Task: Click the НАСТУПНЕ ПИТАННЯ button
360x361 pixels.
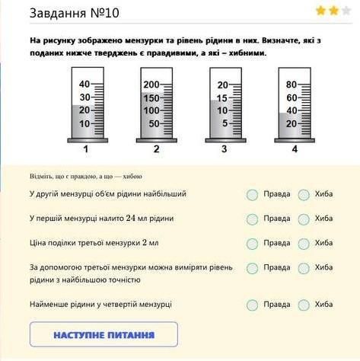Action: (104, 334)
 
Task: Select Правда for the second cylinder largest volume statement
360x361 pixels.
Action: (252, 195)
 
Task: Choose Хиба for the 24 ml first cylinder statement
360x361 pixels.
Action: (304, 219)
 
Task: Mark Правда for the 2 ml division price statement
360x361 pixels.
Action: (252, 244)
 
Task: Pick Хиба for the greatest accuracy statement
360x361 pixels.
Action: (304, 268)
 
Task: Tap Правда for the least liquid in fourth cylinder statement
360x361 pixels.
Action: (252, 305)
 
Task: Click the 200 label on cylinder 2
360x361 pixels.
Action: (151, 85)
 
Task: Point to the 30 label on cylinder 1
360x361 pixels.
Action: (84, 97)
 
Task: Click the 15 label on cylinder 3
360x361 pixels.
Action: (222, 98)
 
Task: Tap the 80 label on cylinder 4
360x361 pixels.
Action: (292, 85)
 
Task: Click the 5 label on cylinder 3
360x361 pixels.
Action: (225, 123)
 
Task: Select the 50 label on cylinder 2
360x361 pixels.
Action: (154, 123)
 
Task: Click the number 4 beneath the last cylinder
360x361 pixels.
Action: (295, 149)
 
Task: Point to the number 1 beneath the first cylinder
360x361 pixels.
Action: (86, 149)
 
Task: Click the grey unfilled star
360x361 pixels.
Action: (346, 11)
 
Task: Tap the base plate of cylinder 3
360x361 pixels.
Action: (225, 140)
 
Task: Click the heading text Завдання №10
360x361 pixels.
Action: (75, 13)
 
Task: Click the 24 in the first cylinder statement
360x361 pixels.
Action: (131, 219)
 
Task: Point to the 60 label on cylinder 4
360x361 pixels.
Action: (292, 97)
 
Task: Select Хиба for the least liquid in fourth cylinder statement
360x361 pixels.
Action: (304, 305)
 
